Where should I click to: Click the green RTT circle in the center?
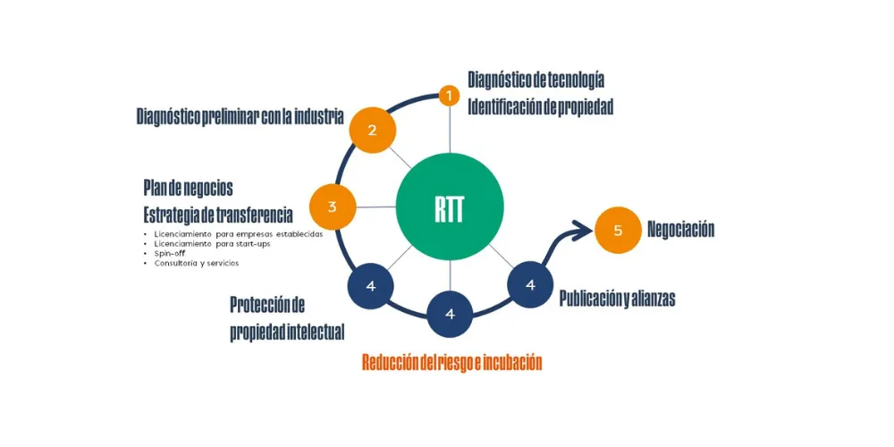tap(450, 207)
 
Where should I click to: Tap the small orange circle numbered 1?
tap(450, 94)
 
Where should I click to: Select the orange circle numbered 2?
tap(372, 130)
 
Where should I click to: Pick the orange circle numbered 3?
tap(333, 207)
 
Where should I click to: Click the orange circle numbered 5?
tap(618, 230)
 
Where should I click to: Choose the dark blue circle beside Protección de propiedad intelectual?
tap(370, 286)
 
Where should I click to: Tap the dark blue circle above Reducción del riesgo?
tap(450, 314)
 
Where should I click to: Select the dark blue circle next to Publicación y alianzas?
tap(530, 285)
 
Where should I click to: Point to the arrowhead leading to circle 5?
tap(584, 232)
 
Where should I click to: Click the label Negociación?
tap(681, 230)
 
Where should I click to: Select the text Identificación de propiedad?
tap(540, 106)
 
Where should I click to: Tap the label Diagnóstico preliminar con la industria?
tap(240, 116)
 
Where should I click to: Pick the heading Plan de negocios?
tap(188, 188)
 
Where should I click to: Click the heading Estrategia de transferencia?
tap(218, 215)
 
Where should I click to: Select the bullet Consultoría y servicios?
tap(197, 263)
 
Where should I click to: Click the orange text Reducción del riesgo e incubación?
tap(451, 362)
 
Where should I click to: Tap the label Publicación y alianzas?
tap(617, 299)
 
